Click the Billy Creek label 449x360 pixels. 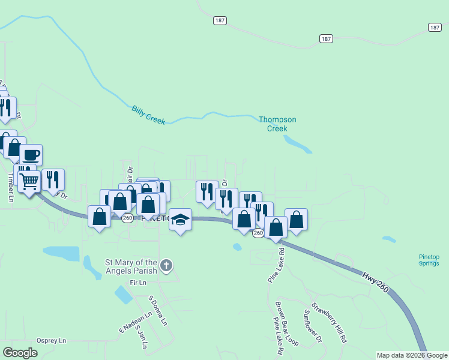tap(148, 115)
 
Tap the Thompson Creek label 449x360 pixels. tap(277, 124)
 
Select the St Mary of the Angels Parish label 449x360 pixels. tap(131, 266)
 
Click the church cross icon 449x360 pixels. tap(167, 265)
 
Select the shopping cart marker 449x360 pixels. tap(29, 180)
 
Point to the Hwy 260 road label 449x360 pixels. tap(375, 283)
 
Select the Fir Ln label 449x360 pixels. tap(137, 282)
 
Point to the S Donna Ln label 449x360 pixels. tap(157, 310)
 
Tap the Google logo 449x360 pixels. tap(20, 352)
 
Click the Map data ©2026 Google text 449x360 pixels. tap(411, 355)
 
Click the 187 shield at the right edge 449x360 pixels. tap(435, 27)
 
